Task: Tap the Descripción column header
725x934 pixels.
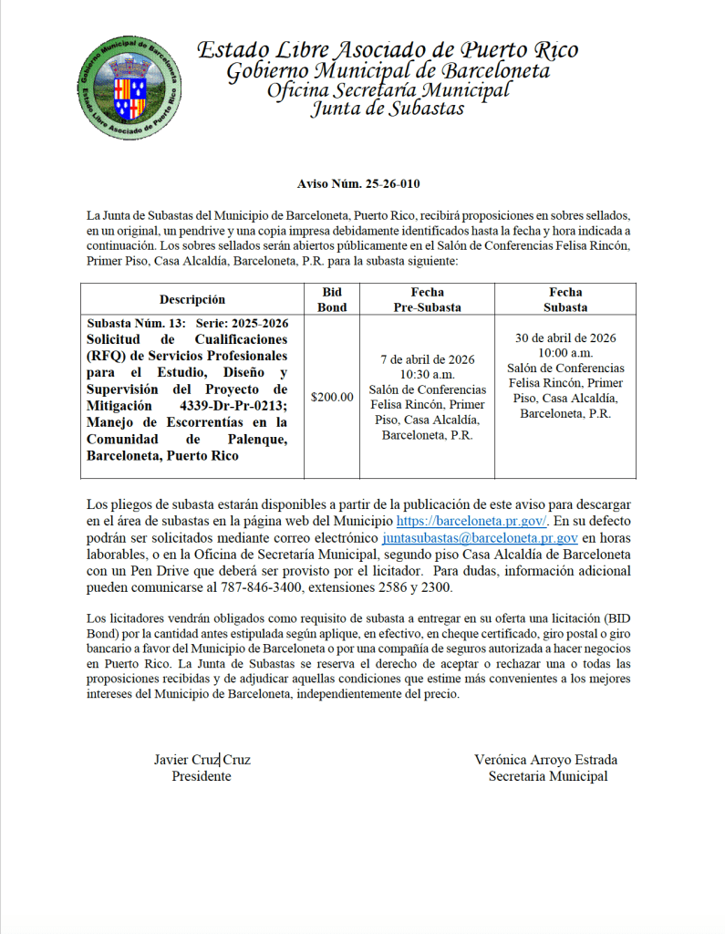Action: (192, 299)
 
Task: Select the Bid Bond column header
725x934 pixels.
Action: (332, 299)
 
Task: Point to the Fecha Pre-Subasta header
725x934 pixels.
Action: (427, 299)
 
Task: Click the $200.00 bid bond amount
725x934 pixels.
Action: (332, 397)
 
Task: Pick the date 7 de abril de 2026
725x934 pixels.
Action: (427, 358)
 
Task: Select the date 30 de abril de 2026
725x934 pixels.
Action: (564, 337)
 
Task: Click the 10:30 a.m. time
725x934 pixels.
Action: (427, 374)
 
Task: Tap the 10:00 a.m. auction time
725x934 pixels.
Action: (564, 352)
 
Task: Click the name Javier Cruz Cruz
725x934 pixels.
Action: (202, 760)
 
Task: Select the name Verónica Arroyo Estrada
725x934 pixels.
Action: (545, 760)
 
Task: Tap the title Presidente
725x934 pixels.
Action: (202, 776)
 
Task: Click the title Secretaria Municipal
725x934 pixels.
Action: (547, 776)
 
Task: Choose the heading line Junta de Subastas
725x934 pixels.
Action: (388, 109)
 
